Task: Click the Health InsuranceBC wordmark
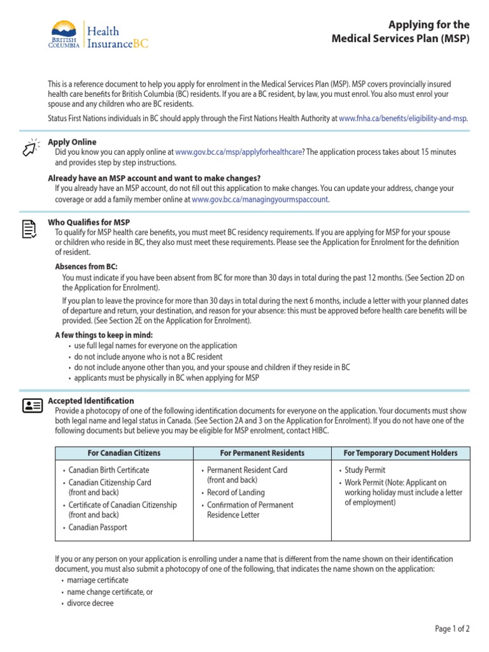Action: (x=117, y=38)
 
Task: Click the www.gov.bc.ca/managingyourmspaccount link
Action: (x=260, y=199)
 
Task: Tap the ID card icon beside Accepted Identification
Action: (x=32, y=406)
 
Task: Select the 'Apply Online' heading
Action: (x=73, y=142)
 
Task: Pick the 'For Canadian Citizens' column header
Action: (x=124, y=453)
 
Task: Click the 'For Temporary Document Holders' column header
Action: (x=400, y=453)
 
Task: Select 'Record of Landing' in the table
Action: (x=236, y=492)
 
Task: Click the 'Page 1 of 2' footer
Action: (x=452, y=628)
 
